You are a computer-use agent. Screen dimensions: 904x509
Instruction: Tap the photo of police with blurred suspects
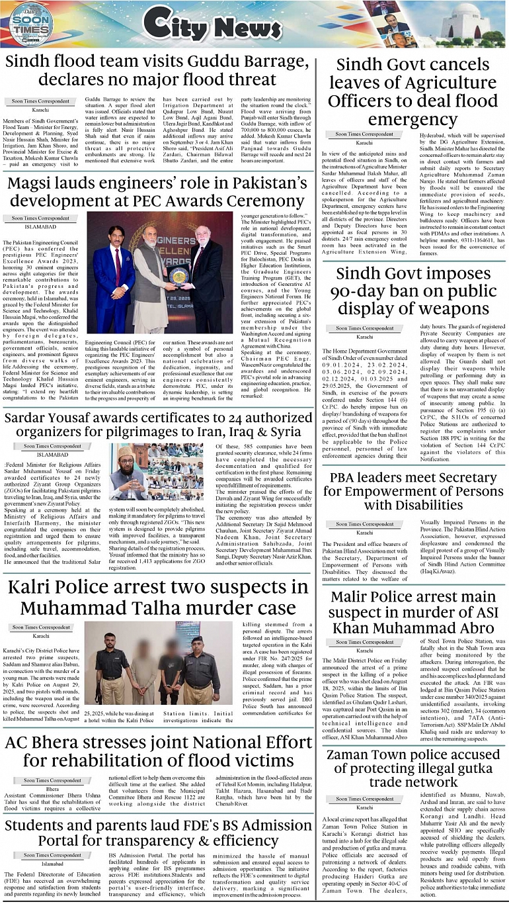(x=159, y=663)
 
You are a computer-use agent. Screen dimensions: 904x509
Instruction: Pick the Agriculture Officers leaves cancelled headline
(x=412, y=92)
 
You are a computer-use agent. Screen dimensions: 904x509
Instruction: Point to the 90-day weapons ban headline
(x=412, y=291)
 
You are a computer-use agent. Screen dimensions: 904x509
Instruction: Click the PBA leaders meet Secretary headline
(x=412, y=492)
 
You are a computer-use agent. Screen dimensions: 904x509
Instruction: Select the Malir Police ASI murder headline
(x=412, y=613)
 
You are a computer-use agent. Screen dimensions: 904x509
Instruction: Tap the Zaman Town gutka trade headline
(x=412, y=768)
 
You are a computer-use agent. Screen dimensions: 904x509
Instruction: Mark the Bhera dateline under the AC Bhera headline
(x=52, y=790)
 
